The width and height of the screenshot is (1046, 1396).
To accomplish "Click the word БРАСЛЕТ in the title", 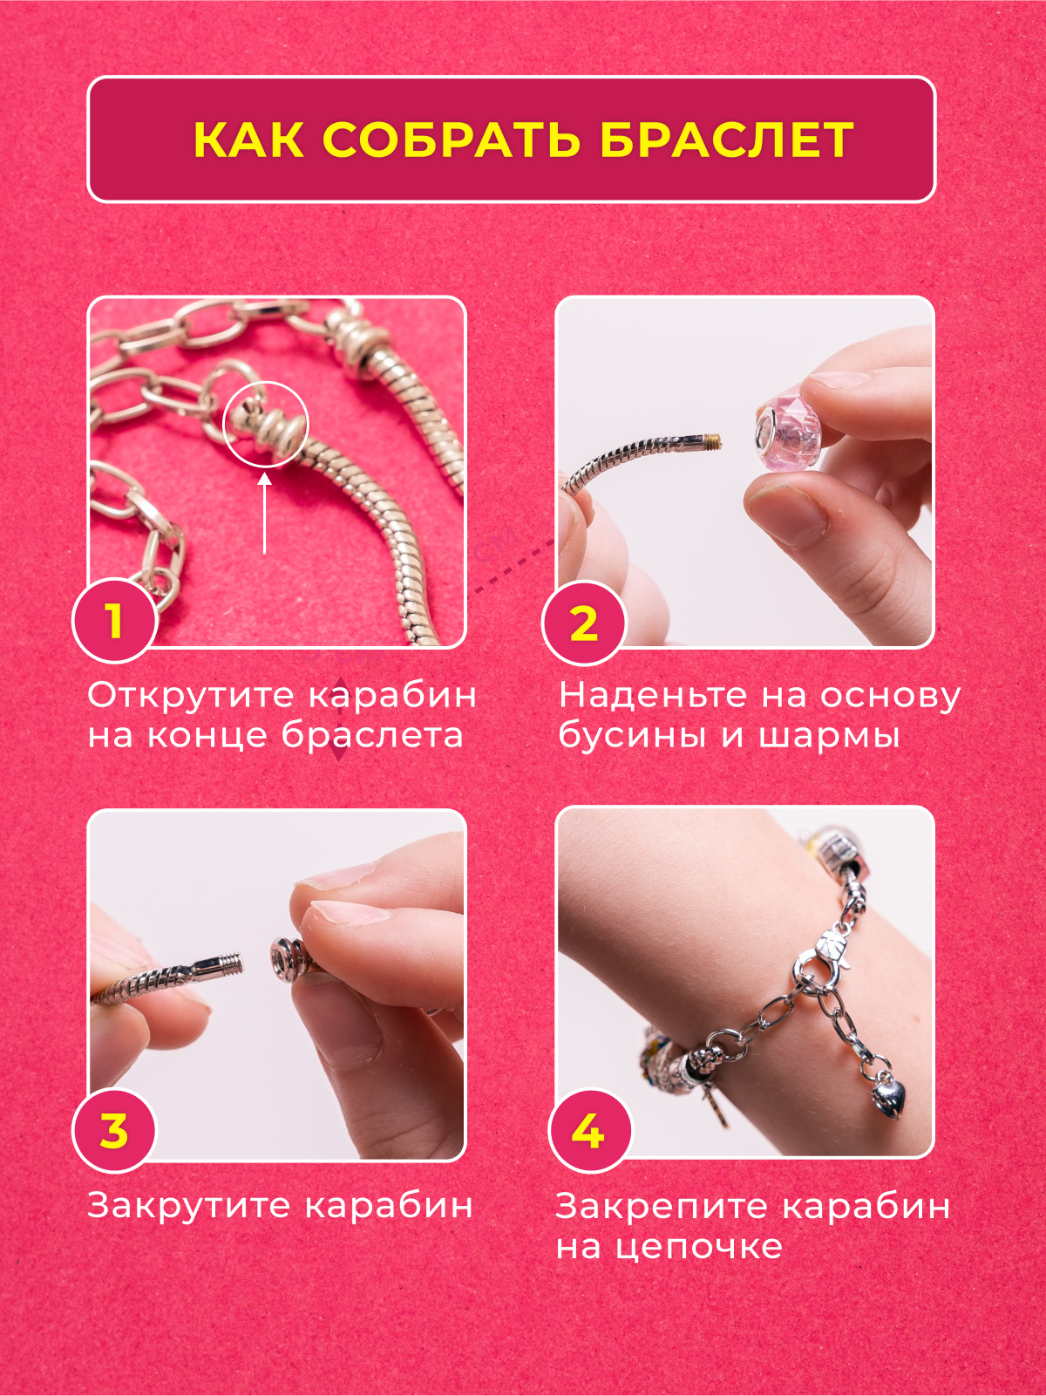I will pyautogui.click(x=726, y=140).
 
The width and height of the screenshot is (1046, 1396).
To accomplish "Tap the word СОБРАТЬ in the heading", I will pyautogui.click(x=452, y=140).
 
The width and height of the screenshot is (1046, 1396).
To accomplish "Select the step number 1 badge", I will pyautogui.click(x=115, y=622).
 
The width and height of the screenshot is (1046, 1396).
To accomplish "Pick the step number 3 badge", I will pyautogui.click(x=114, y=1131).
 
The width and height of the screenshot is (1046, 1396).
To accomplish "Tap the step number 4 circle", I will pyautogui.click(x=589, y=1131).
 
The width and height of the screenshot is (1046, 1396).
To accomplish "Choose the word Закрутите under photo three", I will pyautogui.click(x=188, y=1206).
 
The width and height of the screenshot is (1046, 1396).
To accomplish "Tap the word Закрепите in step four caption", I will pyautogui.click(x=662, y=1207).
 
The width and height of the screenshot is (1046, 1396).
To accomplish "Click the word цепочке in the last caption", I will pyautogui.click(x=698, y=1247).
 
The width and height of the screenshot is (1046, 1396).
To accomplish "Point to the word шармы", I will pyautogui.click(x=829, y=736).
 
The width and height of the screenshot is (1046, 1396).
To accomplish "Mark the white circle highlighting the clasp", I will pyautogui.click(x=266, y=425).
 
